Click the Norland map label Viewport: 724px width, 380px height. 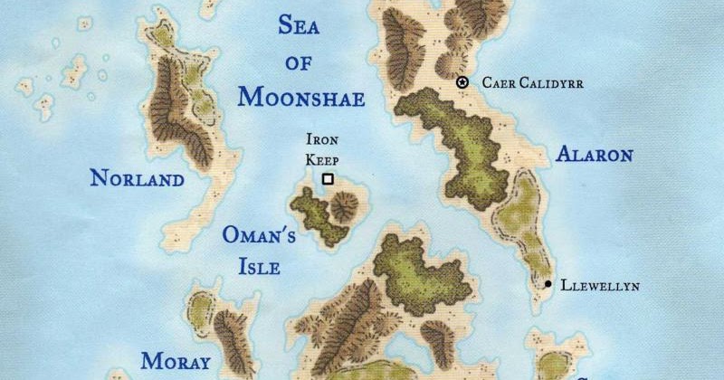137,178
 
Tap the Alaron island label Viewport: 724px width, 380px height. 594,155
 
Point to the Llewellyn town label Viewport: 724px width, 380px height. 600,286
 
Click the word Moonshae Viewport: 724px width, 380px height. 301,98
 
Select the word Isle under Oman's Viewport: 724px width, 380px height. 252,267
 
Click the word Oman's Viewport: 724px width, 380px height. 260,237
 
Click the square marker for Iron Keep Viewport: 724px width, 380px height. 328,179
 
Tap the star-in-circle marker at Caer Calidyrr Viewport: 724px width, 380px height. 462,82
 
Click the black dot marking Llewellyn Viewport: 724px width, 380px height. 548,285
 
